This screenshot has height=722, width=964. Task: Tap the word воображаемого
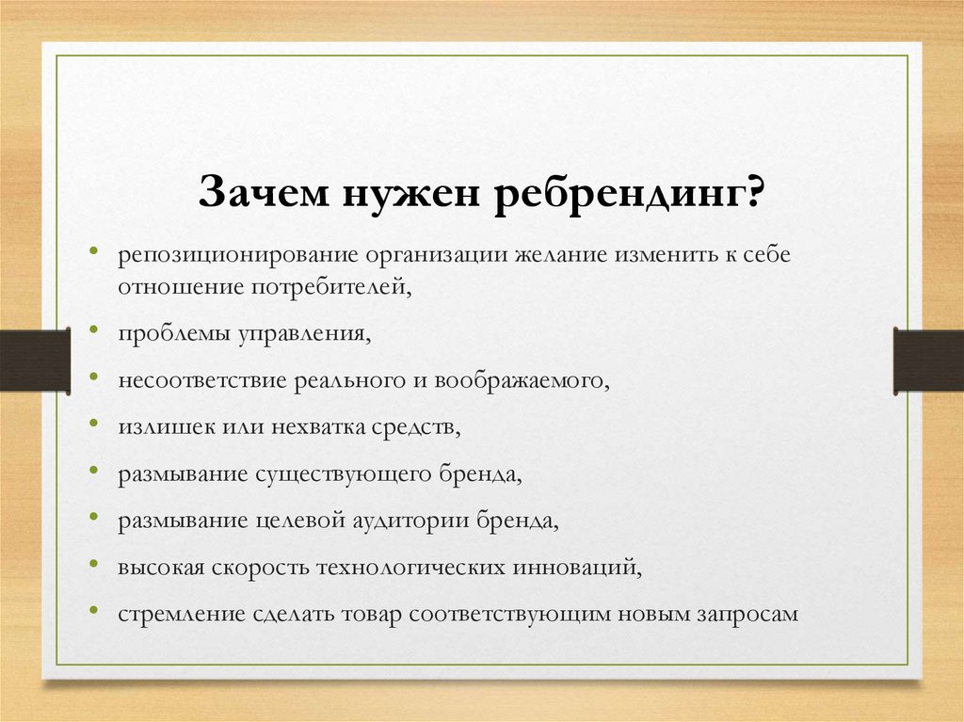click(x=522, y=381)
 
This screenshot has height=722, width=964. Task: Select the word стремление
click(x=182, y=615)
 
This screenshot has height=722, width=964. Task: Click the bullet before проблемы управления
click(x=93, y=329)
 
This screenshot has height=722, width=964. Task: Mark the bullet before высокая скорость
click(x=93, y=563)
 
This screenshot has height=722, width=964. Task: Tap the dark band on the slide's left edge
click(x=35, y=361)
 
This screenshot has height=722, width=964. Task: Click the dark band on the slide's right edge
click(x=928, y=361)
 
